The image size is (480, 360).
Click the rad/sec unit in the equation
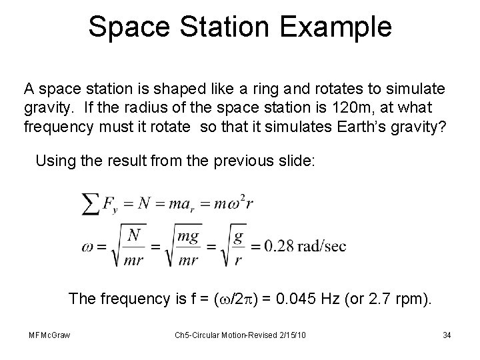click(x=320, y=246)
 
